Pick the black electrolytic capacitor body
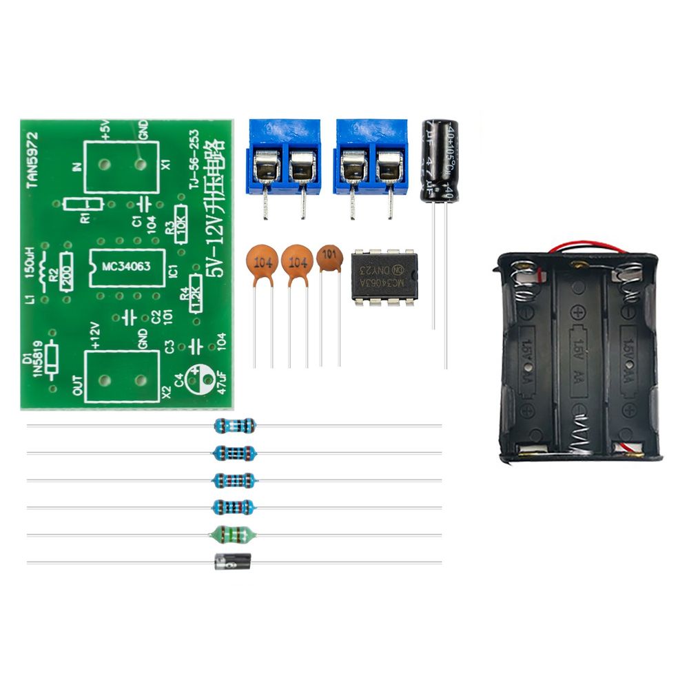(x=440, y=160)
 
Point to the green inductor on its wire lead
(x=234, y=534)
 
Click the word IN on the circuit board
(x=76, y=166)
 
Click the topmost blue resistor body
(x=235, y=425)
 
